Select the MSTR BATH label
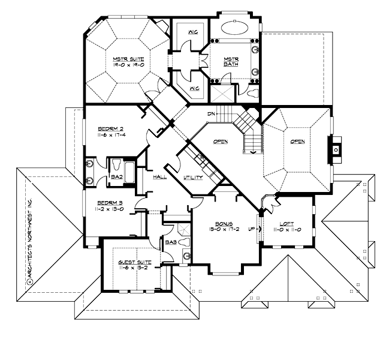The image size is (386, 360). click(231, 61)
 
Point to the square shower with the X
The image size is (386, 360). click(222, 94)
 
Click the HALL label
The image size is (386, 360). click(160, 177)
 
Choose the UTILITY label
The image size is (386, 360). click(193, 178)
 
